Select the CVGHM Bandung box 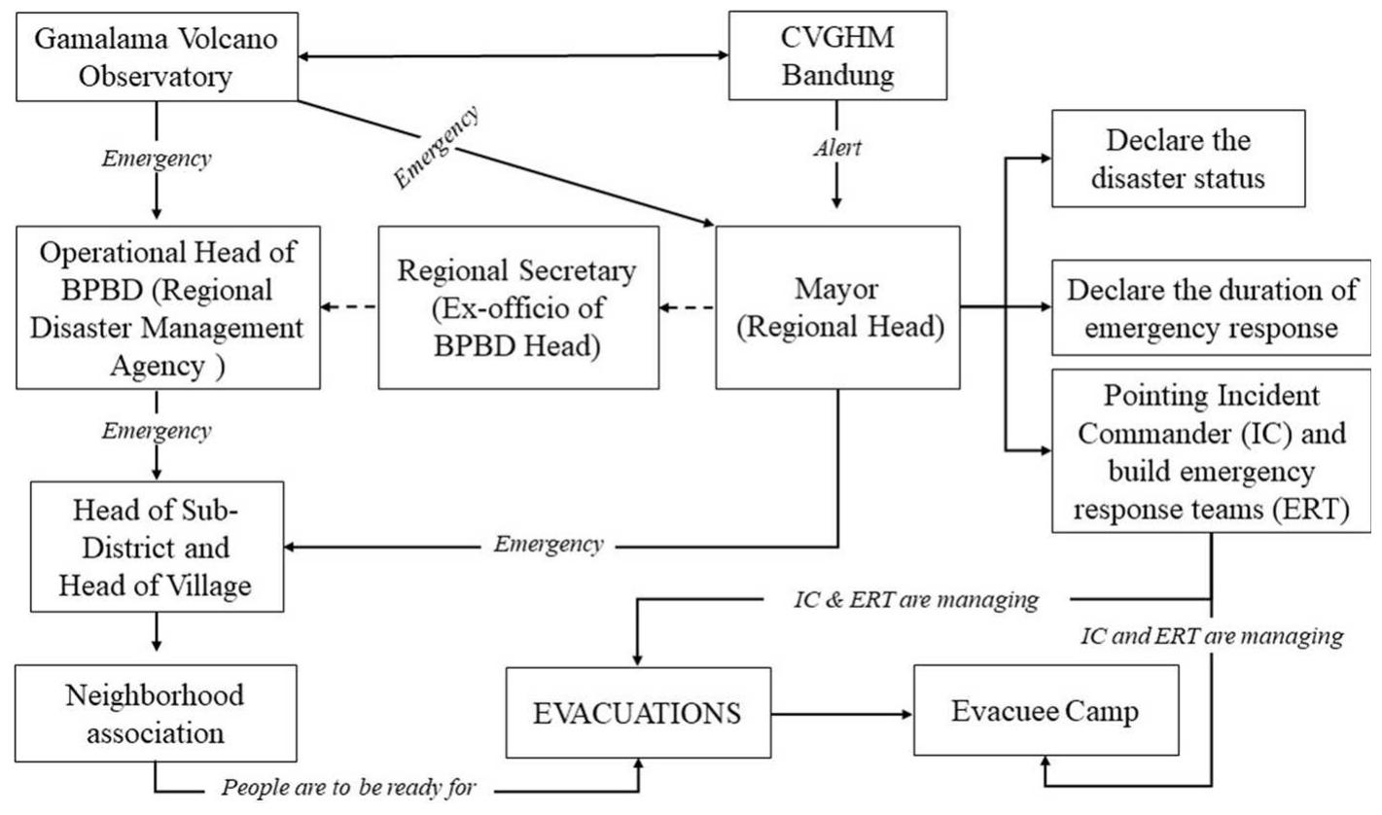pyautogui.click(x=837, y=54)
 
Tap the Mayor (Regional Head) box pyautogui.click(x=837, y=307)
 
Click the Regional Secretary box pyautogui.click(x=517, y=307)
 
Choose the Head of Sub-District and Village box pyautogui.click(x=157, y=546)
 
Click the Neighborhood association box pyautogui.click(x=156, y=712)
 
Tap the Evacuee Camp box pyautogui.click(x=1045, y=711)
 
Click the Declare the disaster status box pyautogui.click(x=1178, y=158)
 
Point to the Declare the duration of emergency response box pyautogui.click(x=1211, y=307)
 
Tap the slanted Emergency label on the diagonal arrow pyautogui.click(x=437, y=148)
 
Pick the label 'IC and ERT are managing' pyautogui.click(x=1212, y=638)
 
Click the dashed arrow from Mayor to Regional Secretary pyautogui.click(x=687, y=307)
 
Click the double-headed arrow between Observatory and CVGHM pyautogui.click(x=513, y=56)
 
